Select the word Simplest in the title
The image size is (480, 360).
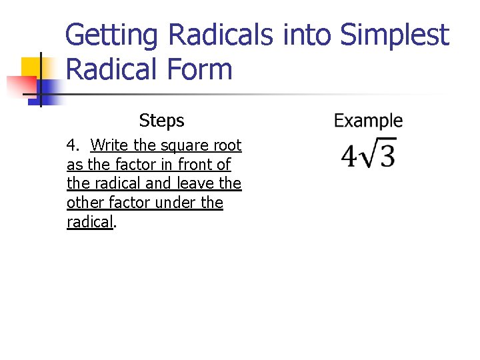pyautogui.click(x=395, y=35)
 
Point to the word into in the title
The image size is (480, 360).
pyautogui.click(x=309, y=35)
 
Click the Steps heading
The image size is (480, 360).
pyautogui.click(x=161, y=121)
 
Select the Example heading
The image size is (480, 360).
pyautogui.click(x=368, y=121)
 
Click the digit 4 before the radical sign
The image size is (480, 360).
pyautogui.click(x=349, y=157)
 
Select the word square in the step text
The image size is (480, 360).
pyautogui.click(x=184, y=146)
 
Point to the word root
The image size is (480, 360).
pyautogui.click(x=227, y=145)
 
